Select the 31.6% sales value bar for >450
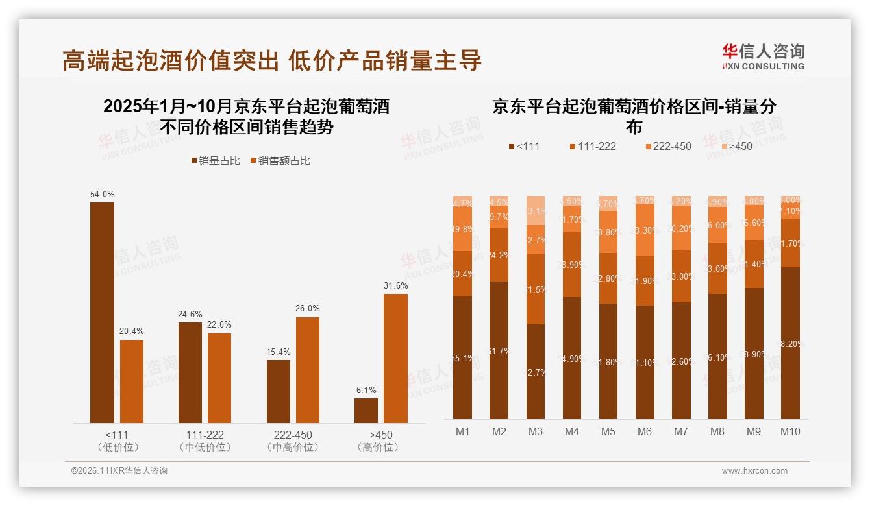click(395, 358)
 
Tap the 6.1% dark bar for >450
click(366, 410)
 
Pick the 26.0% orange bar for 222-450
click(307, 370)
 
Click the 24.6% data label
click(190, 315)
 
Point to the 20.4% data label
click(132, 331)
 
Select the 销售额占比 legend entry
click(280, 161)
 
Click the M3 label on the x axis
click(535, 431)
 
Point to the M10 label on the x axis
click(789, 431)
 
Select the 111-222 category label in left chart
click(205, 435)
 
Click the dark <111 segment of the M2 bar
click(499, 350)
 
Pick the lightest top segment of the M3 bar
click(535, 210)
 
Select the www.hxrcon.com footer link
click(754, 471)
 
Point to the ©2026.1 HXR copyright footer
click(119, 471)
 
